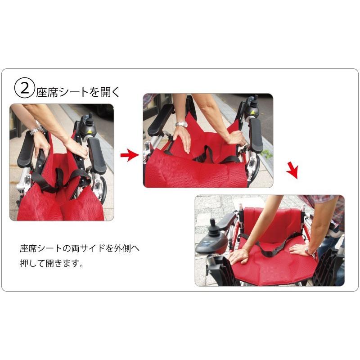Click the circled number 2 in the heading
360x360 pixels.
coord(25,89)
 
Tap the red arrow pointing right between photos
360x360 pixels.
coord(130,155)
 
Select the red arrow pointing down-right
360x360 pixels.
coord(292,170)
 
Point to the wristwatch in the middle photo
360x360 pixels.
coord(182,124)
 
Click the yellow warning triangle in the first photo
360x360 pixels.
coord(89,131)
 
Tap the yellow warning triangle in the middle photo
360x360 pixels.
coord(253,112)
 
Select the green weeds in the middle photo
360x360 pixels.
coord(267,153)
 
